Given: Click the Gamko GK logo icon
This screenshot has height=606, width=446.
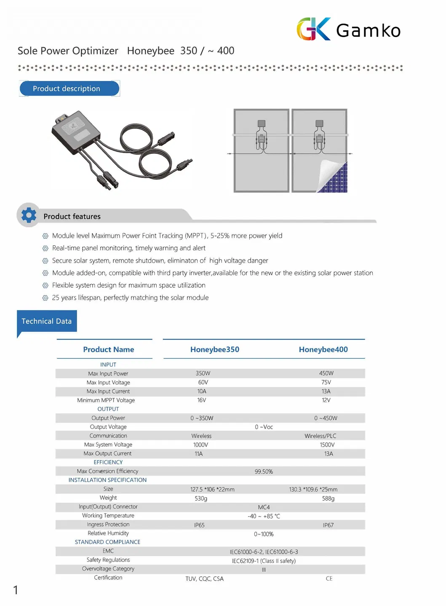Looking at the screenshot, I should pos(313,29).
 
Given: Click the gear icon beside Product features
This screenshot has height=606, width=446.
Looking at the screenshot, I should pos(29,215).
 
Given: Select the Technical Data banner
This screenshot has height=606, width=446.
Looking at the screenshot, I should pos(47,321).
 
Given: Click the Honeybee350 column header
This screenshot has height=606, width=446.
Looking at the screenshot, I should pos(214,349).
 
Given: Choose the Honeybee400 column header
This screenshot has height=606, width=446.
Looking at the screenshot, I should pos(323,349).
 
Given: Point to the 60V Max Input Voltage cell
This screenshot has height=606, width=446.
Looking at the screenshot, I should pos(203,382).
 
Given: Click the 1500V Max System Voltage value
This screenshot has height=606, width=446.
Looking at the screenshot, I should pos(327,445).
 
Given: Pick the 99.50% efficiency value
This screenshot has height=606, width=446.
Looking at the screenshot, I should pos(264,472).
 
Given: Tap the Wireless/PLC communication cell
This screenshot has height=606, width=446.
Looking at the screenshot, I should pos(320,436).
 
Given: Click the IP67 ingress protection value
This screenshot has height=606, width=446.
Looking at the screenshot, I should pos(328,525).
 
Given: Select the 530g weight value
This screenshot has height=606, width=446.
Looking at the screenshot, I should pos(201,498).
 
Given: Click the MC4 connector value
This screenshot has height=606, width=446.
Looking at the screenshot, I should pos(264,507).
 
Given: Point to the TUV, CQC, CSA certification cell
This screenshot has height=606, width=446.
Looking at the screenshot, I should pos(204,579).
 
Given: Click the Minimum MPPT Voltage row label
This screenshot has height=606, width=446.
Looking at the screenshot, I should pos(106,400).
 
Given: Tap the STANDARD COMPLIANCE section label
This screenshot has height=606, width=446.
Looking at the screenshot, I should pos(107,542).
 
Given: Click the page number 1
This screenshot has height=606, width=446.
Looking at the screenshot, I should pos(16,590).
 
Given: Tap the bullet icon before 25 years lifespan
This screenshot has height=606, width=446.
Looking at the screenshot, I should pos(45,298).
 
